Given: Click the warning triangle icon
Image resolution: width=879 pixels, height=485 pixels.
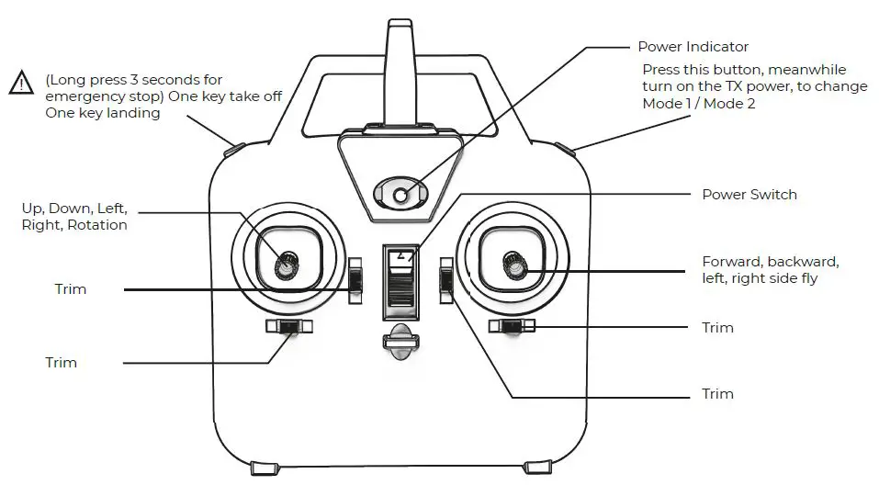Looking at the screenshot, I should [x=20, y=83].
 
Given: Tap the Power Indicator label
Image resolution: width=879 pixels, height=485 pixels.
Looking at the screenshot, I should [x=693, y=47].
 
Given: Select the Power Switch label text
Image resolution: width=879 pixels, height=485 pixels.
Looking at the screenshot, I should [x=749, y=195].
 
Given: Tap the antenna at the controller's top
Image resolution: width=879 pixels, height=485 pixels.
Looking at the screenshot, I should [x=400, y=64].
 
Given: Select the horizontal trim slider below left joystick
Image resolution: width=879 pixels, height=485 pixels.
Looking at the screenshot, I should [x=288, y=326].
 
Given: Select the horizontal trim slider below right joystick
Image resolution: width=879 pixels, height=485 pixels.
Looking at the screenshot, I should [x=513, y=326].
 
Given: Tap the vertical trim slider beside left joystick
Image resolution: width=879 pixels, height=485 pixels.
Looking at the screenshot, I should [x=355, y=279].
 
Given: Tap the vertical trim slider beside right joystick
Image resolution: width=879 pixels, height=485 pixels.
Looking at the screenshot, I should [x=445, y=279].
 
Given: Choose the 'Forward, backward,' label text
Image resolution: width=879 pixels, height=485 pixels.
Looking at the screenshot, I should [x=770, y=262].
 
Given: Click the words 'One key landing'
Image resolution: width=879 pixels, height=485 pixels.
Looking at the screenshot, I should [x=102, y=113].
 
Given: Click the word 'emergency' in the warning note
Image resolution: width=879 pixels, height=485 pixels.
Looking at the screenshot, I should [x=83, y=96].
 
